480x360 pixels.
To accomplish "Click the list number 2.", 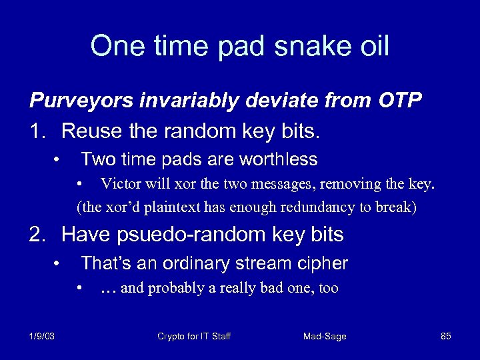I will coord(37,235).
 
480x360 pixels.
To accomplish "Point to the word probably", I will coord(174,288).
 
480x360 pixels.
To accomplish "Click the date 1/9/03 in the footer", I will coord(42,336).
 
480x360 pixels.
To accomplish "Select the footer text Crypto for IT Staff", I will coord(193,336).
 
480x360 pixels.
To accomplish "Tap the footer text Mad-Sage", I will coord(325,336).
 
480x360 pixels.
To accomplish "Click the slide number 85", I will coord(446,336).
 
